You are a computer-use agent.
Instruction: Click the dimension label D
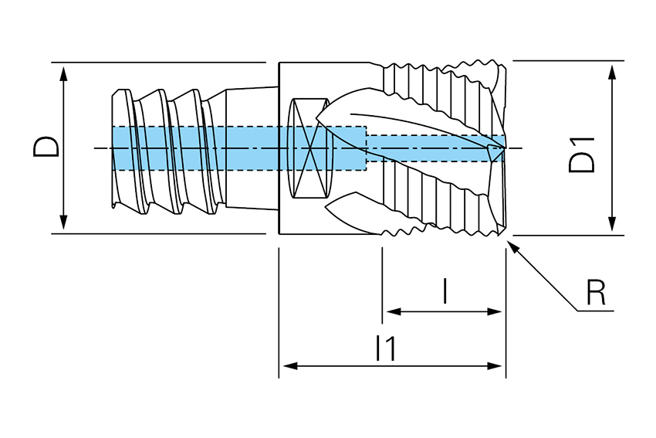coord(47,147)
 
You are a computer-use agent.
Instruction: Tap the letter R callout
coord(595,293)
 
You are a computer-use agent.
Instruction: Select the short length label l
coord(445,291)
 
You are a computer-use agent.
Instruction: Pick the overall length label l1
coord(386,349)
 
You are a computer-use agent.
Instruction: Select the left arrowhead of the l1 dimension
coord(286,365)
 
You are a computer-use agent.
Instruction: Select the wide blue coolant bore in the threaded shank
coord(232,148)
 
